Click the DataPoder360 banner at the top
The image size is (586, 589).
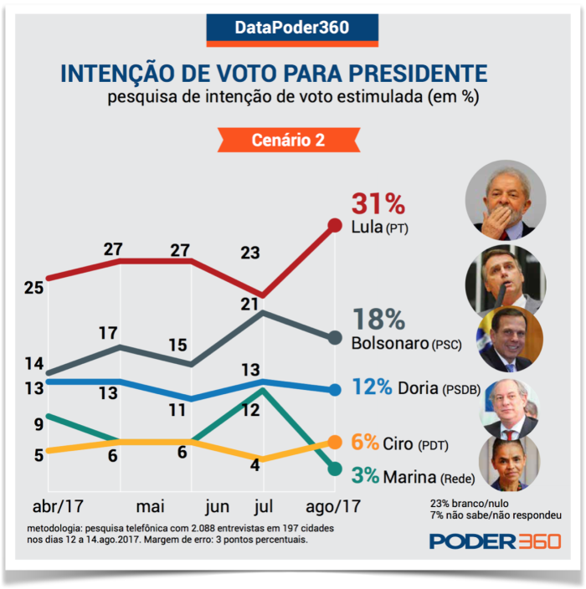click(x=292, y=28)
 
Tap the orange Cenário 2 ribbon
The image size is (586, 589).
click(x=288, y=141)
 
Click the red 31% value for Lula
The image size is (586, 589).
click(x=378, y=204)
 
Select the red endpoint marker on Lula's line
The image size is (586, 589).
click(x=335, y=224)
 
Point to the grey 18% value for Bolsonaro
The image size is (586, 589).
click(x=378, y=320)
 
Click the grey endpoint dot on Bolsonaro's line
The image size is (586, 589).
click(x=335, y=338)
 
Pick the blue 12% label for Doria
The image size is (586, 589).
click(x=372, y=387)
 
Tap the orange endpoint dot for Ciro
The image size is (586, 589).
click(x=335, y=442)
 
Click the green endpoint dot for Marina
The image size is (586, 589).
click(x=335, y=469)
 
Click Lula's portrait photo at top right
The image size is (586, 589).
click(x=506, y=200)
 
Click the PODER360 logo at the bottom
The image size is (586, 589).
click(x=495, y=541)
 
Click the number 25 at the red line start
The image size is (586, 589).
click(x=33, y=289)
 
